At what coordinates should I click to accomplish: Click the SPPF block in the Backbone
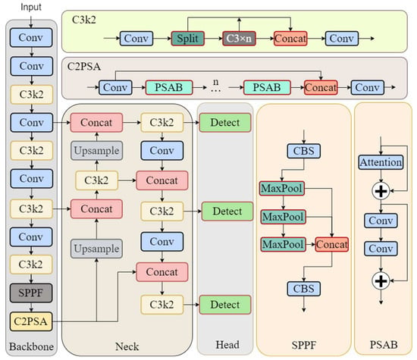tap(31, 293)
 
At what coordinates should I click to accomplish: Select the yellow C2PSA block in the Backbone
tap(31, 321)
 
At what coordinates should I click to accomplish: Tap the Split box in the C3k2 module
tap(188, 39)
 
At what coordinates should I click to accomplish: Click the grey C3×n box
tap(239, 39)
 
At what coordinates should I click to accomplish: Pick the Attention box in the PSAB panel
tap(381, 162)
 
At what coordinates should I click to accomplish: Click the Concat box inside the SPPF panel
tap(332, 244)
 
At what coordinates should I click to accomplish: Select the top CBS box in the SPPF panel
tap(304, 151)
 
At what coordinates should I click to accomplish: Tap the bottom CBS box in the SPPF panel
tap(304, 289)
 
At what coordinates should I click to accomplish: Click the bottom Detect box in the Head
tap(225, 305)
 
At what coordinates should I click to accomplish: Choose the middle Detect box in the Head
tap(227, 211)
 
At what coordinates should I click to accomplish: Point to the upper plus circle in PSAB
tap(381, 191)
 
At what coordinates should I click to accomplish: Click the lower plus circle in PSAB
tap(381, 280)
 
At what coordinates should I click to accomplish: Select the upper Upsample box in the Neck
tap(96, 151)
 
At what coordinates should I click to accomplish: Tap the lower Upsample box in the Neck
tap(96, 249)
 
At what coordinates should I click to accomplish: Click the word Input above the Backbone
tap(31, 7)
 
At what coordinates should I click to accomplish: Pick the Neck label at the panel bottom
tap(127, 346)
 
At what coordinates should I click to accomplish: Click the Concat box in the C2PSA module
tap(321, 87)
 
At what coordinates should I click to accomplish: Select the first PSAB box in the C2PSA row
tap(169, 87)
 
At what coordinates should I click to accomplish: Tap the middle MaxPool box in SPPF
tap(283, 217)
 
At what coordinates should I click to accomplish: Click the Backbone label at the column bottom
tap(31, 346)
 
